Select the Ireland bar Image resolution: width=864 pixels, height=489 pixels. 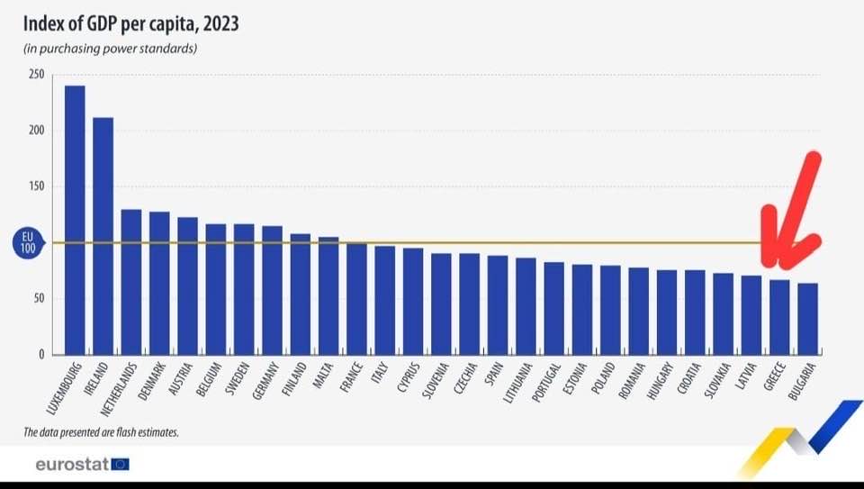point(103,235)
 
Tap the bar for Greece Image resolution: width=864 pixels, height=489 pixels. point(779,317)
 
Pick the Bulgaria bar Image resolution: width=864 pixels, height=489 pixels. point(807,319)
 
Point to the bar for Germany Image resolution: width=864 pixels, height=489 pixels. point(272,290)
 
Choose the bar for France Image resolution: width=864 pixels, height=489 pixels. point(356,298)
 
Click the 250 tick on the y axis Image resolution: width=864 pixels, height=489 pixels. point(36,75)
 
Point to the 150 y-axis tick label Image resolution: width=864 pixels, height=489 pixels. point(36,186)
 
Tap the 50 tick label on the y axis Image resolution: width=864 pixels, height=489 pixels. point(40,299)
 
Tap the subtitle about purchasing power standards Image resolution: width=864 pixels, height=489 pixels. point(111,48)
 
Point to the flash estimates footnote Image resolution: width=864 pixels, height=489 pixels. point(101,432)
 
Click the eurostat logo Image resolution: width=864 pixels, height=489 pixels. point(82,465)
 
